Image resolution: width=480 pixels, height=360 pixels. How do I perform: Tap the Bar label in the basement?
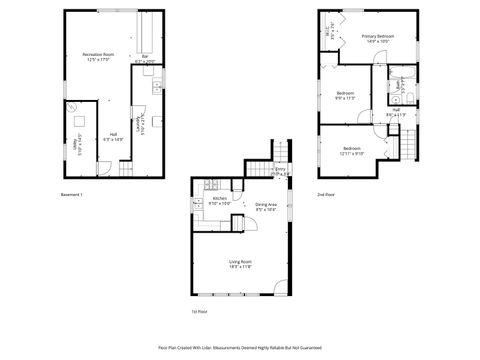click(x=146, y=56)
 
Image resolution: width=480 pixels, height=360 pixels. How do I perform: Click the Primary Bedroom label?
click(x=378, y=36)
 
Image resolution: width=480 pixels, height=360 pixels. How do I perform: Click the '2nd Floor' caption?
click(x=327, y=194)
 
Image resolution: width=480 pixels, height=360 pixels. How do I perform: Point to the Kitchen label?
click(x=220, y=198)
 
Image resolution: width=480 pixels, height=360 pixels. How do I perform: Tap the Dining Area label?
click(x=266, y=205)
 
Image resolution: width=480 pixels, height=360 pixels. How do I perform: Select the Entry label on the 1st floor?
click(x=281, y=169)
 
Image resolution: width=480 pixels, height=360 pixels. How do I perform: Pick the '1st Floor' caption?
click(x=199, y=312)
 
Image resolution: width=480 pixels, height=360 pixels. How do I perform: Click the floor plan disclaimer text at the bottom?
click(x=240, y=347)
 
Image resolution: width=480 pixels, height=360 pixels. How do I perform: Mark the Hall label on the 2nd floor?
click(x=396, y=110)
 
